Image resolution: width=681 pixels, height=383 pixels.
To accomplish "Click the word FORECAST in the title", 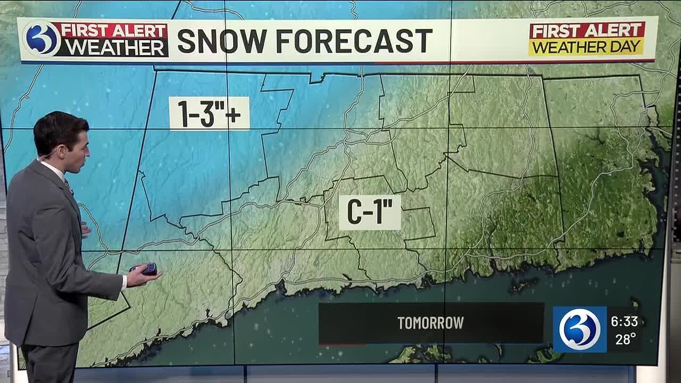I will [353, 41].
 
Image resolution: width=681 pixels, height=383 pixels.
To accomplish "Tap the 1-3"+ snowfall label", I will [209, 113].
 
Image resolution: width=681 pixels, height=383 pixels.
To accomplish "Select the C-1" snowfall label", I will [370, 212].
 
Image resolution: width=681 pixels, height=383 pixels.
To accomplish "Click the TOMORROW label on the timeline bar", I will [430, 323].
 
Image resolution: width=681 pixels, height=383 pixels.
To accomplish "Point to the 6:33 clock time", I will [624, 321].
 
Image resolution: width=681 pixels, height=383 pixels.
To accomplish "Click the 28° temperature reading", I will [626, 339].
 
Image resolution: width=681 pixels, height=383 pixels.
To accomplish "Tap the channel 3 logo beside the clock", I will [579, 329].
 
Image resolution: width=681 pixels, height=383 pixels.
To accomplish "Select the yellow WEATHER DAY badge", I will [586, 47].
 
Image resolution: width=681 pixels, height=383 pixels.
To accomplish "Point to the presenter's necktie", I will [69, 186].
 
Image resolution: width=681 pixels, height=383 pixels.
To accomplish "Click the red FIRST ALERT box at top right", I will [587, 30].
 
